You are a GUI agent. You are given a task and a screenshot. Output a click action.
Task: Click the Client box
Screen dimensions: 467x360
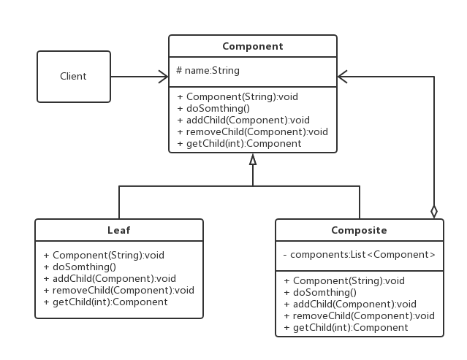coord(74,77)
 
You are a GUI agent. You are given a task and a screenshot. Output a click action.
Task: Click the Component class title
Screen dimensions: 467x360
coord(253,47)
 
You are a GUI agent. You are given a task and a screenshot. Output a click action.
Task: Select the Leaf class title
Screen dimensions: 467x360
coord(119,230)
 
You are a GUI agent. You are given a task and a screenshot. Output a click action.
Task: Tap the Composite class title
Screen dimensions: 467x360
coord(359,230)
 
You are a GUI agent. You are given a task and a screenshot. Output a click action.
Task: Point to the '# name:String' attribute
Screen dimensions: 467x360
coord(208,71)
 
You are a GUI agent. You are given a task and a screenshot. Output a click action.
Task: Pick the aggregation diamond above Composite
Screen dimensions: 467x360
coord(434,212)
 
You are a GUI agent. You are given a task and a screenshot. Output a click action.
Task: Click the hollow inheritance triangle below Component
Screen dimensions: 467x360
coord(253,159)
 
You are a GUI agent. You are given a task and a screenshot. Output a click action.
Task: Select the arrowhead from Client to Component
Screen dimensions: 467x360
coord(163,77)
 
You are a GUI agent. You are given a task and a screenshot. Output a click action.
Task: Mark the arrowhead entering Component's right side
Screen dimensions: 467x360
coord(343,77)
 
